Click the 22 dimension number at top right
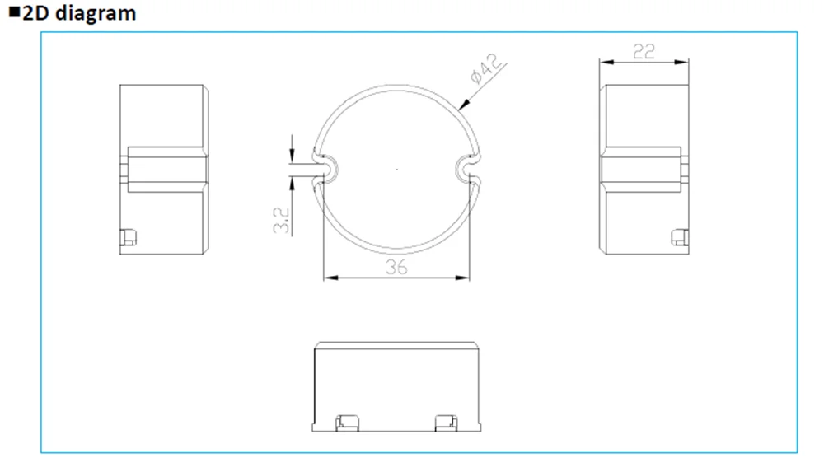click(x=644, y=51)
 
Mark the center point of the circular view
click(x=396, y=169)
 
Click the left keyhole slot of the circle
click(x=326, y=168)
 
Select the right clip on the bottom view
click(x=445, y=423)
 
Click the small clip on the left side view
click(x=128, y=238)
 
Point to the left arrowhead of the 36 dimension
click(x=328, y=278)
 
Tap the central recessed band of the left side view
click(x=165, y=169)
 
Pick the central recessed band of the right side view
click(x=641, y=169)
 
